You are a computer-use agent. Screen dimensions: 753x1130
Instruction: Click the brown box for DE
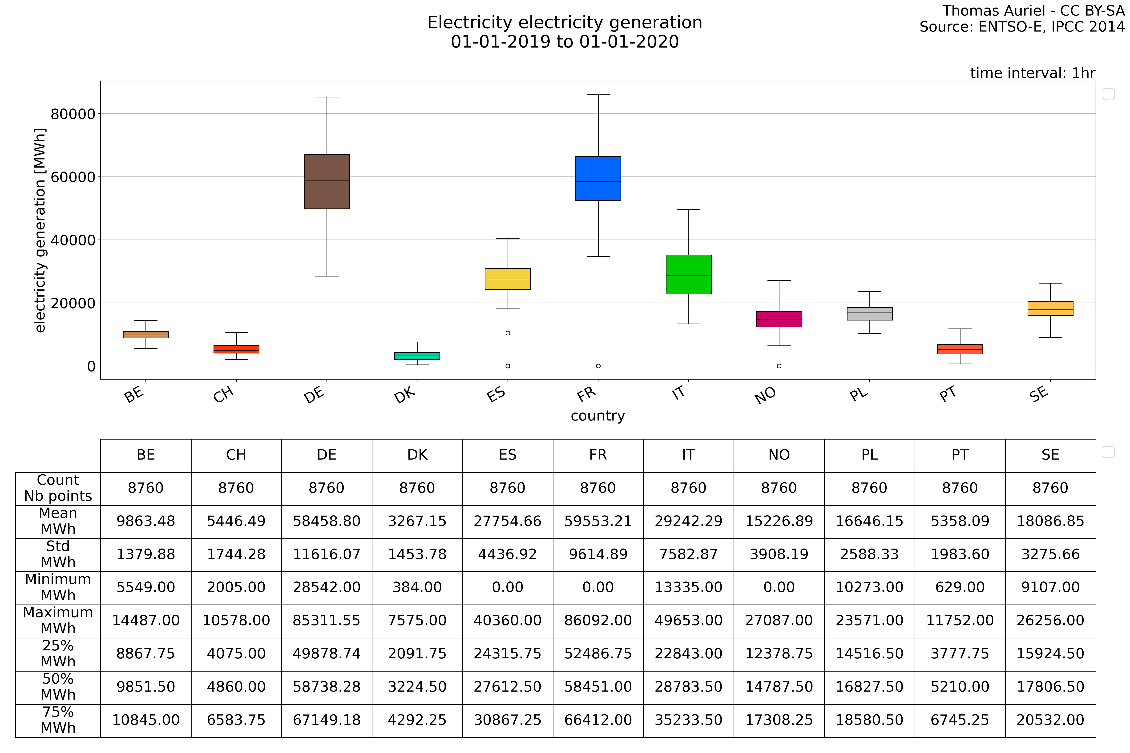click(x=327, y=181)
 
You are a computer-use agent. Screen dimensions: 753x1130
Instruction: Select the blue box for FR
click(x=598, y=179)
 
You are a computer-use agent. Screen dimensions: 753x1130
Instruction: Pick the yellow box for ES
click(x=508, y=279)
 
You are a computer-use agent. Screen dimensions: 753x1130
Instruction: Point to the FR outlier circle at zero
click(x=598, y=366)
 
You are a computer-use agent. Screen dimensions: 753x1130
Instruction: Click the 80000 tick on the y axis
click(x=73, y=114)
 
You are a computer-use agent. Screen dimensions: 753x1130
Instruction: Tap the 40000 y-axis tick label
click(x=73, y=240)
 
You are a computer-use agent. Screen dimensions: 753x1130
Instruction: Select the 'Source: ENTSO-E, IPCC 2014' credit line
click(x=1022, y=27)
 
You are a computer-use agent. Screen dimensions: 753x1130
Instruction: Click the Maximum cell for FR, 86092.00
click(x=598, y=621)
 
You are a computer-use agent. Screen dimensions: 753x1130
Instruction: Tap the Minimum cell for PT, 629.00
click(x=960, y=587)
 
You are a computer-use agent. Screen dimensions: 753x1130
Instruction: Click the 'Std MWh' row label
click(x=58, y=554)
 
